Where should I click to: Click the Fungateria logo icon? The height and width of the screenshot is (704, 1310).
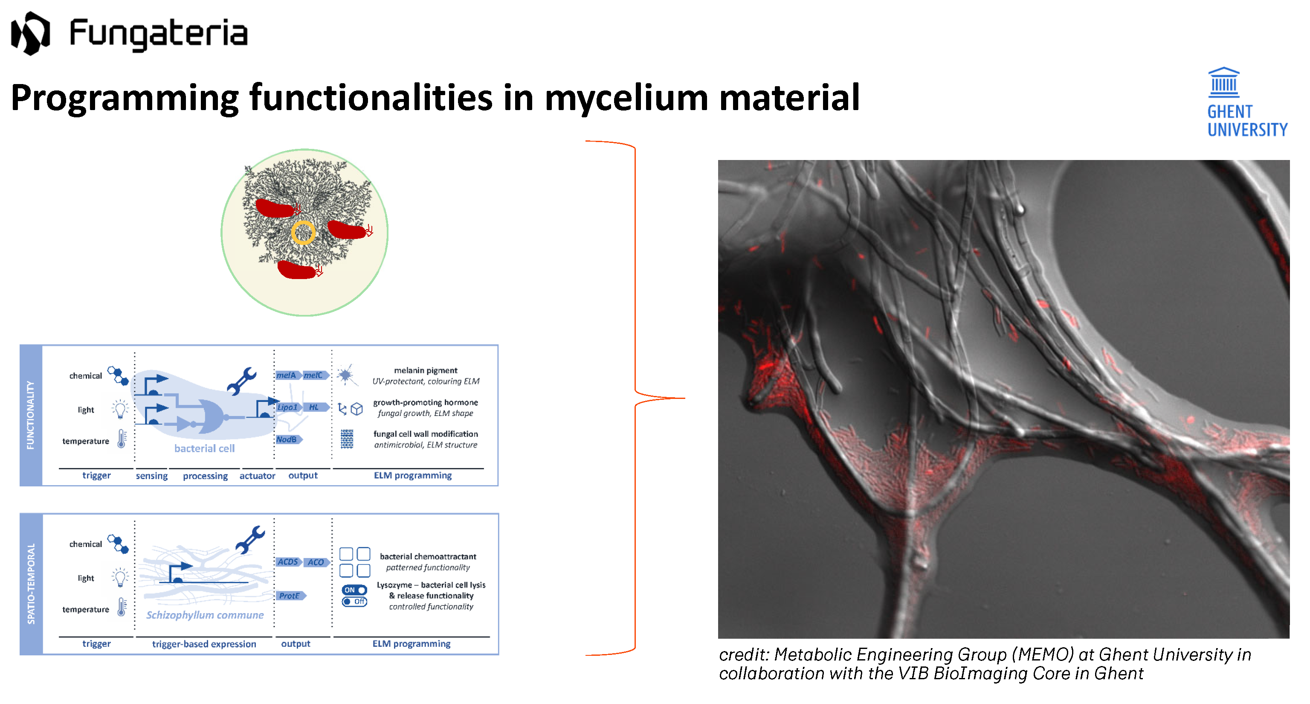(x=31, y=33)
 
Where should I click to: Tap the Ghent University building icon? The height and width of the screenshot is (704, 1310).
(x=1223, y=82)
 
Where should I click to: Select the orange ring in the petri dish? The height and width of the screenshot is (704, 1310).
(x=303, y=233)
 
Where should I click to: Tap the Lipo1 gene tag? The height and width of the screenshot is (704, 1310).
(x=288, y=407)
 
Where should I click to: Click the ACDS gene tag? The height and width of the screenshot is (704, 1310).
(x=288, y=562)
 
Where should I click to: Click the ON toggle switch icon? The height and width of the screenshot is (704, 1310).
(x=354, y=590)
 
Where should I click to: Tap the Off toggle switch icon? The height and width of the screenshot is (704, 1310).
(x=354, y=602)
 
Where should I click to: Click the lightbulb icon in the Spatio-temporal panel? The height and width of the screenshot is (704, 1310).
(x=120, y=577)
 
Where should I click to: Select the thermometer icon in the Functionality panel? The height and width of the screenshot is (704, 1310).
(x=122, y=439)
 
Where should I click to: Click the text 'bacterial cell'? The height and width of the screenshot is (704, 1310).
(x=204, y=448)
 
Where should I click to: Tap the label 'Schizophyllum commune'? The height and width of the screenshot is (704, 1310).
(x=205, y=615)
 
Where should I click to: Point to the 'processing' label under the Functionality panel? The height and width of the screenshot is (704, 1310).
(x=205, y=476)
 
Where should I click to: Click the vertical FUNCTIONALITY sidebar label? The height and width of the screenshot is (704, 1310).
(x=31, y=415)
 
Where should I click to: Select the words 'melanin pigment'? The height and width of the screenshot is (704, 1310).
(x=425, y=370)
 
